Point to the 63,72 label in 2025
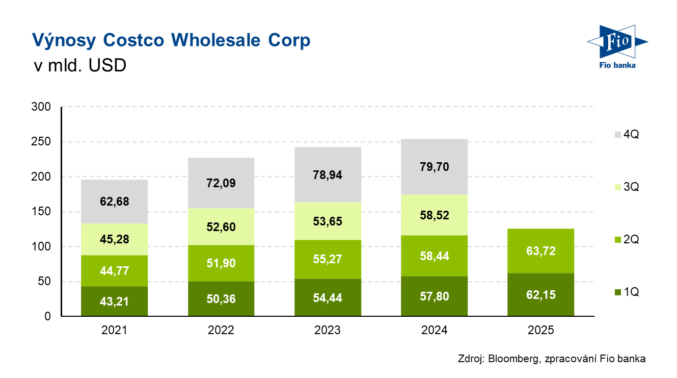click(541, 251)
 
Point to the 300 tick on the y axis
click(41, 107)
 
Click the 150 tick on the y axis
click(41, 212)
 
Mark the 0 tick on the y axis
click(47, 316)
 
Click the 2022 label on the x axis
click(221, 331)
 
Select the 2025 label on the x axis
click(541, 331)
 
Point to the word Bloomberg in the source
click(511, 359)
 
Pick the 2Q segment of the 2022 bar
click(221, 264)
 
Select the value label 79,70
click(435, 166)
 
